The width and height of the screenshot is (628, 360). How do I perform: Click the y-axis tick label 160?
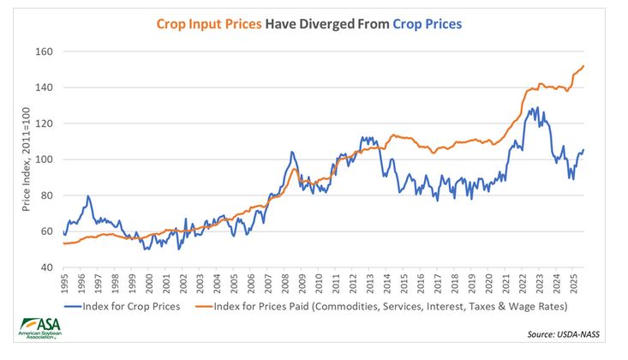pyautogui.click(x=44, y=51)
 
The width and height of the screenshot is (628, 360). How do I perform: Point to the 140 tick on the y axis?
pyautogui.click(x=44, y=87)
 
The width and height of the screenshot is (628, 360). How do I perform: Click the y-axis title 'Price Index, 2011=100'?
pyautogui.click(x=27, y=159)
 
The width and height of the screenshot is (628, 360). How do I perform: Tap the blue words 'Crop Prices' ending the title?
pyautogui.click(x=427, y=25)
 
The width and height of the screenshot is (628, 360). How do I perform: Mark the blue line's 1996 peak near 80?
pyautogui.click(x=87, y=196)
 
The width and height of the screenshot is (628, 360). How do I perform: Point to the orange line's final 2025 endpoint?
pyautogui.click(x=584, y=66)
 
